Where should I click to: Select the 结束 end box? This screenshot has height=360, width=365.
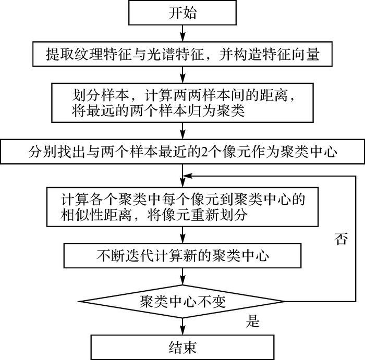click(x=182, y=346)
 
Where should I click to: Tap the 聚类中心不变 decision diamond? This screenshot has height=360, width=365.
click(x=182, y=302)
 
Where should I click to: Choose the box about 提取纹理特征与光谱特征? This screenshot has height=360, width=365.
click(x=182, y=54)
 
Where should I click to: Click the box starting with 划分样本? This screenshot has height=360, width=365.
click(x=182, y=103)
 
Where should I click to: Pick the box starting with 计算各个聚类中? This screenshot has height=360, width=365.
click(x=182, y=206)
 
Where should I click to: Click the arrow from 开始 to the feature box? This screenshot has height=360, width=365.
click(x=182, y=34)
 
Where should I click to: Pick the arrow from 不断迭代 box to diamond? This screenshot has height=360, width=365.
click(x=182, y=276)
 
